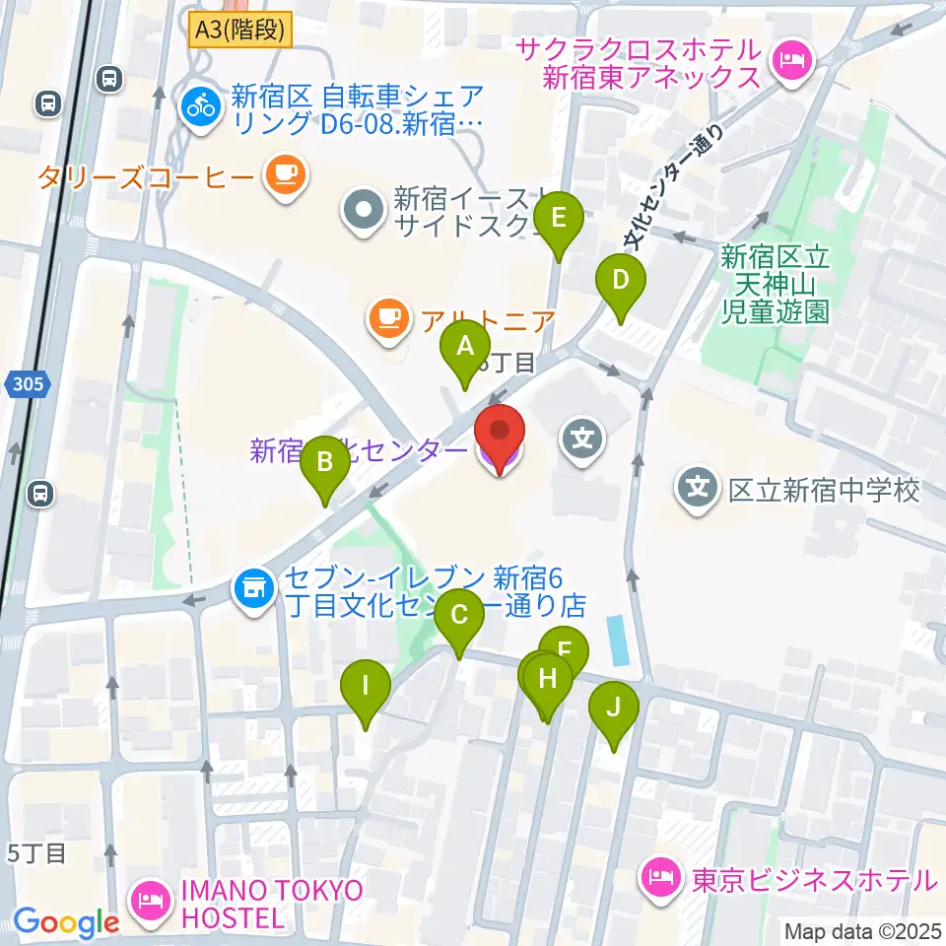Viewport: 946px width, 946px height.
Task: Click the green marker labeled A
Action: point(464,349)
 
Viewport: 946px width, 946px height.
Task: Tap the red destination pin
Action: point(500,434)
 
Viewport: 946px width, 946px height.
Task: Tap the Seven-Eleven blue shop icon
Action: point(254,589)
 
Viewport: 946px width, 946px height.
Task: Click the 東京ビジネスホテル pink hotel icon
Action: point(658,874)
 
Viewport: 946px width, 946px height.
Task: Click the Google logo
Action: point(66,922)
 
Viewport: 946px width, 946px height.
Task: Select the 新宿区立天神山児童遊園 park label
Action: point(775,285)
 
